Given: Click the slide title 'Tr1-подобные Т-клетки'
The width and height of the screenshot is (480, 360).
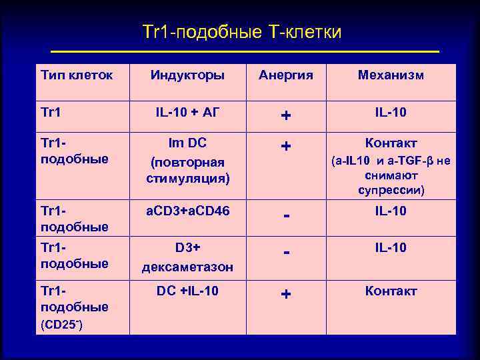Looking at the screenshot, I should [242, 32].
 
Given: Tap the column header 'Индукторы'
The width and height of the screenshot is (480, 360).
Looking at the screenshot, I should [187, 75].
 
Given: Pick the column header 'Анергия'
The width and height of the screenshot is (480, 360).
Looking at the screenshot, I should [286, 75].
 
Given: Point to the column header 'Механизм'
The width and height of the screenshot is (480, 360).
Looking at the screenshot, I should [391, 75].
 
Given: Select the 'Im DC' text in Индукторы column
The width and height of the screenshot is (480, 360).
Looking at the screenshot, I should [187, 143].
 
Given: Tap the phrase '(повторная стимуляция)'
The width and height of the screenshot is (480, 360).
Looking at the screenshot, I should [187, 171].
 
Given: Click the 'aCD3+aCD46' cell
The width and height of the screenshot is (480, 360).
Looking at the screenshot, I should [187, 211].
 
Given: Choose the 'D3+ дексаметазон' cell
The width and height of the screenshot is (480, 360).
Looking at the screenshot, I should [187, 257].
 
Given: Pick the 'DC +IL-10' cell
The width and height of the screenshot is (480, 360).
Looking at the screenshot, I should [187, 291].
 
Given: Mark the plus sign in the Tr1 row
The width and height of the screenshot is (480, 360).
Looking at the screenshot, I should [285, 116].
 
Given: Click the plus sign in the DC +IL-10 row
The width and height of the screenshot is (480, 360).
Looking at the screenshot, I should [285, 295].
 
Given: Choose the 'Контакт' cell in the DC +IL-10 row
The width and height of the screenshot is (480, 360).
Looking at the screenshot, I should [391, 291].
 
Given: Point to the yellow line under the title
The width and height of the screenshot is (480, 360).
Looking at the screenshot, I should [245, 51].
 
